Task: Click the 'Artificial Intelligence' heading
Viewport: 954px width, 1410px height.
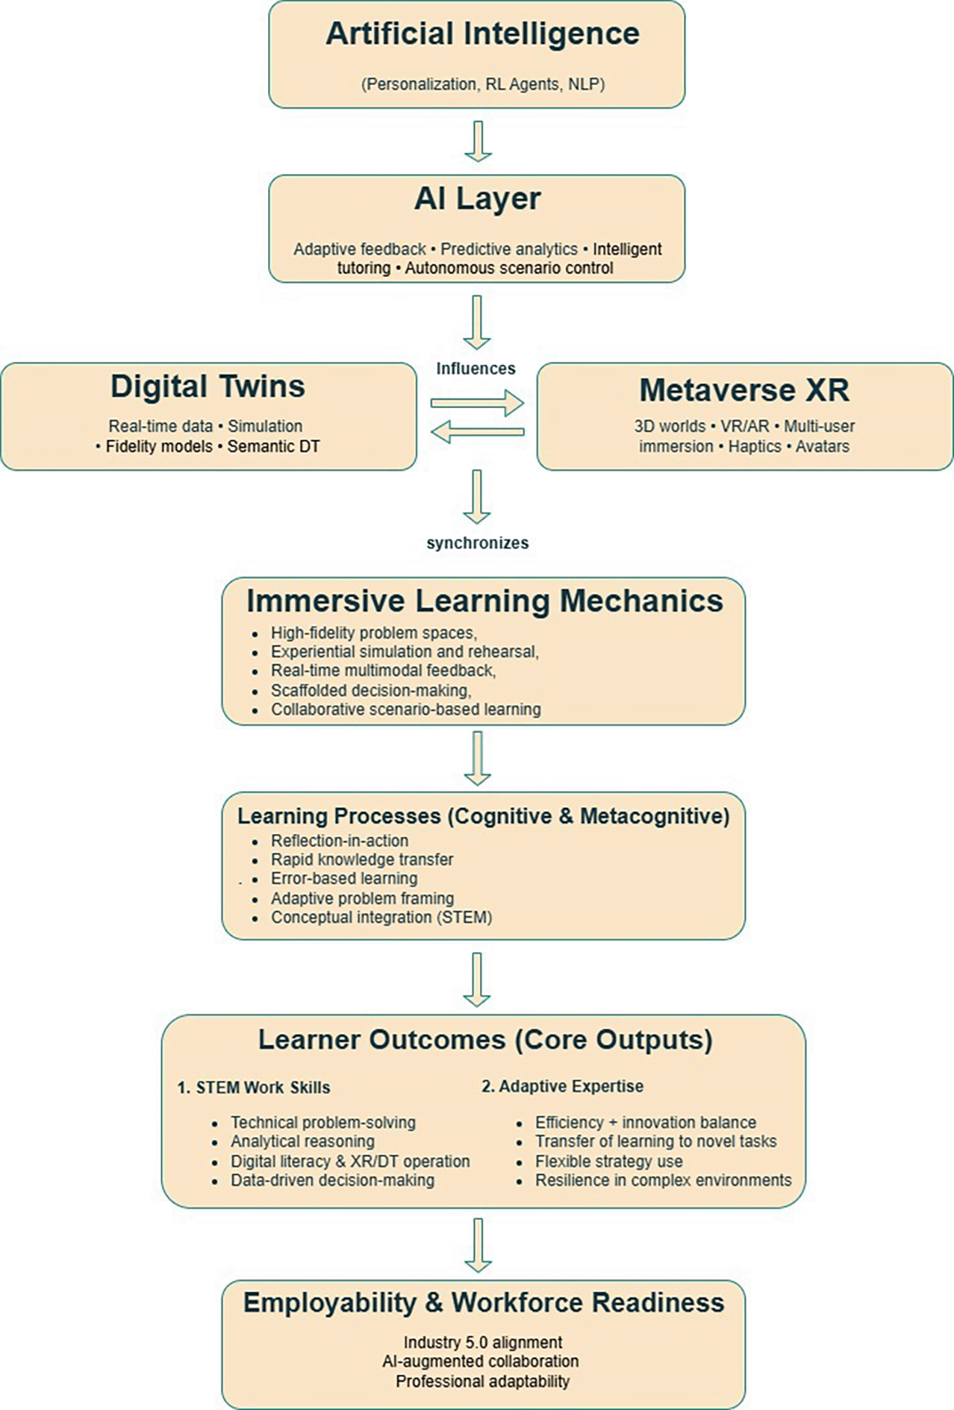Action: coord(482,34)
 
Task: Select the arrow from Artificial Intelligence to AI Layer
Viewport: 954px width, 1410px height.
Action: coord(478,141)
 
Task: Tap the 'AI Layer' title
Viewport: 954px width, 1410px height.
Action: coord(477,199)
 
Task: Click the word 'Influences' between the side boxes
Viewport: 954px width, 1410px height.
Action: coord(476,369)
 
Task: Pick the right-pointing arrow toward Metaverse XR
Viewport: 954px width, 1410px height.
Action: coord(477,403)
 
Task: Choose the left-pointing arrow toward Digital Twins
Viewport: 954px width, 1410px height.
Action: coord(477,431)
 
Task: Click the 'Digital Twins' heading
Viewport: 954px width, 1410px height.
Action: coord(208,386)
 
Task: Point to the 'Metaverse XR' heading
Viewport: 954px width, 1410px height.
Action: coord(744,390)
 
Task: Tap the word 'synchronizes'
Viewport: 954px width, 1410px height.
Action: coord(477,543)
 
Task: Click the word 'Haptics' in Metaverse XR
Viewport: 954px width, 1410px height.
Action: coord(755,447)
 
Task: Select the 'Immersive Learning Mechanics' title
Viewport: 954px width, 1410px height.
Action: coord(484,601)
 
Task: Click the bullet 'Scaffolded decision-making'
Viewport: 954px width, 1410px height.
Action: coord(370,690)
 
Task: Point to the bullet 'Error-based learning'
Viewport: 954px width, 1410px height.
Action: coord(344,878)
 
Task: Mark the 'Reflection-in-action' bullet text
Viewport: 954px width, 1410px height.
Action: coord(339,840)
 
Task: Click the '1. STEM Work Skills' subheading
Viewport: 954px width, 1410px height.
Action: coord(254,1088)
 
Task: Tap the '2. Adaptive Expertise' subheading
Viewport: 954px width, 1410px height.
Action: coord(562,1086)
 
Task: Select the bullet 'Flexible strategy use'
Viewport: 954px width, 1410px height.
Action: coord(608,1162)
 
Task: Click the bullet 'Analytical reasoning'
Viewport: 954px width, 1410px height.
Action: coord(302,1141)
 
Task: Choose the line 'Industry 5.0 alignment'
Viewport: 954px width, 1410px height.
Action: coord(483,1342)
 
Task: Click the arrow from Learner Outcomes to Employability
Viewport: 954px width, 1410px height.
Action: coord(478,1244)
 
